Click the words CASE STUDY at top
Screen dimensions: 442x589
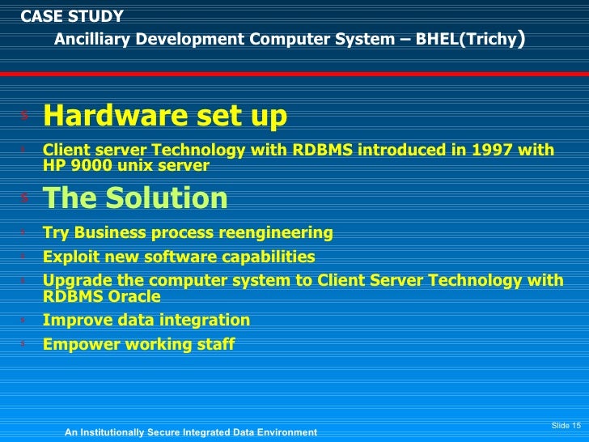pos(72,16)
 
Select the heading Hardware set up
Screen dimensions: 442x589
pos(165,117)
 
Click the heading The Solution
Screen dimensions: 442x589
pos(135,198)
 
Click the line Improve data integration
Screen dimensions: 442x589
pos(146,321)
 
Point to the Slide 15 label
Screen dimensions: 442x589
pos(566,426)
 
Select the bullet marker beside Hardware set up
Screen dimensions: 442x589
pos(24,116)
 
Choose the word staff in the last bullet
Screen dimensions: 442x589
pos(216,345)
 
